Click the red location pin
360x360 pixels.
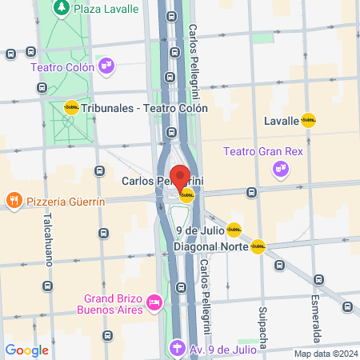(180, 176)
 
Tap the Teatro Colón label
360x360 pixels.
(62, 67)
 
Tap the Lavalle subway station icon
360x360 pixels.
(308, 122)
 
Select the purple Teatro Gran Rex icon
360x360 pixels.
(279, 168)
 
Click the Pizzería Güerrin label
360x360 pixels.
(66, 202)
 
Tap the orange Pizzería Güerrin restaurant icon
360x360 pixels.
(13, 199)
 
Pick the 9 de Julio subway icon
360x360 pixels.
(234, 230)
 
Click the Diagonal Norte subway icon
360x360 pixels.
(258, 246)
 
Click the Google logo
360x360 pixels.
(27, 350)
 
